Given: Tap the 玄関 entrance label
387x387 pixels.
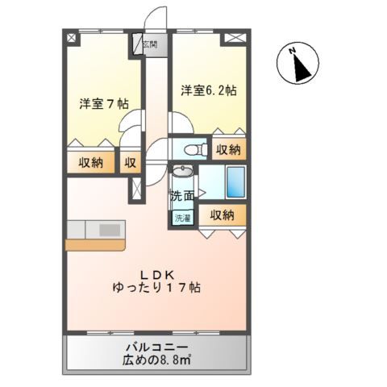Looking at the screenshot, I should tap(151, 45).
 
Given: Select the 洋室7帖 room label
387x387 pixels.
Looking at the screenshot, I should tap(104, 105).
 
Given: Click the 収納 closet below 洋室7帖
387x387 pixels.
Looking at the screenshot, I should tap(90, 162).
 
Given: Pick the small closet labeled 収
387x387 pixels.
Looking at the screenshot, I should tap(130, 162).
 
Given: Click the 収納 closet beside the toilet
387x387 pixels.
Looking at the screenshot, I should tap(228, 149).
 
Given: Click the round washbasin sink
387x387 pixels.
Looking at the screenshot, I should tap(182, 173).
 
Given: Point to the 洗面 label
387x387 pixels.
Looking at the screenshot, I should tap(181, 195).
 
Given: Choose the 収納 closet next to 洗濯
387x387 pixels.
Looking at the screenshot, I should tap(222, 214).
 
